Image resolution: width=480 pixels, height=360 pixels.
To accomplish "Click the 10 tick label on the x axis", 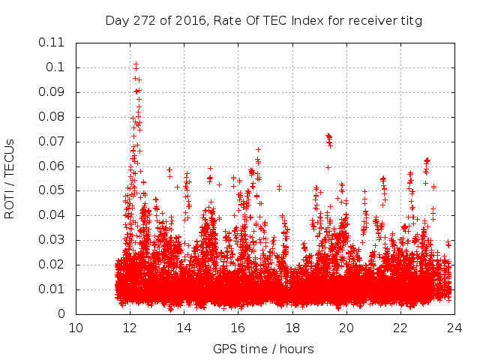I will coord(76,328).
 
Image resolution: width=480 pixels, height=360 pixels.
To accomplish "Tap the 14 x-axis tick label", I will coord(184,328).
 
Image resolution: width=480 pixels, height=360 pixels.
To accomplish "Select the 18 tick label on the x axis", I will coord(292,328).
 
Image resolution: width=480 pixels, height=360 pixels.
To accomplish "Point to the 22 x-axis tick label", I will coord(400,328).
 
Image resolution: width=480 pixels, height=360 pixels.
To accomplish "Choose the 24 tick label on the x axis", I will coord(454,328).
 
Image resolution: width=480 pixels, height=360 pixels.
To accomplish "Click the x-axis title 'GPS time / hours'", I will coord(263,348).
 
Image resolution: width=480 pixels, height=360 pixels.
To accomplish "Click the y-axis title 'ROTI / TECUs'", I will coord(10,178).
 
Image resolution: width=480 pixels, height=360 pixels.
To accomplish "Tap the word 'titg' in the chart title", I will coord(412,20).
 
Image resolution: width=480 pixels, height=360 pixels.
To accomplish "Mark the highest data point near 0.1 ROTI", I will coord(136,64).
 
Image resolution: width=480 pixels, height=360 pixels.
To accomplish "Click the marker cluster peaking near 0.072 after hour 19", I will coord(328,137).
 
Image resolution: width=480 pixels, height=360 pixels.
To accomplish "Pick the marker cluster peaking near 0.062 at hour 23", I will coord(427,160).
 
